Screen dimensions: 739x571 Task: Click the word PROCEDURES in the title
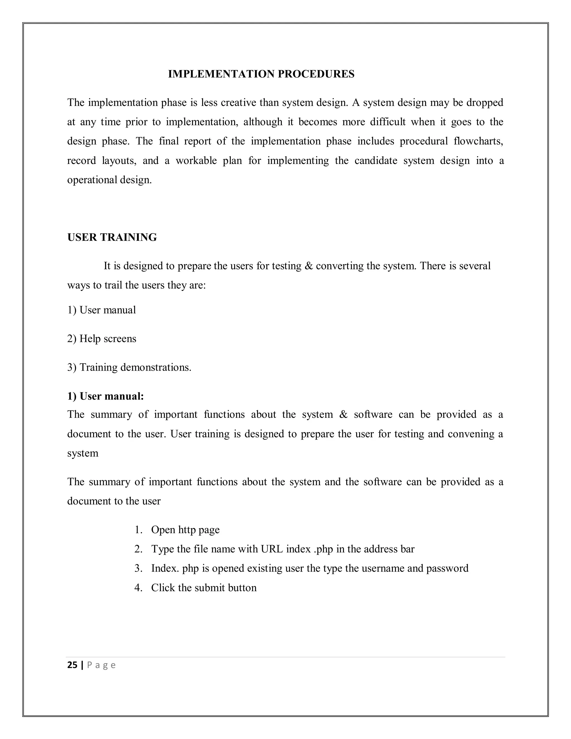point(316,74)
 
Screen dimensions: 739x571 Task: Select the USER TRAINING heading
point(112,237)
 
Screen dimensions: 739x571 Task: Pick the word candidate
point(376,160)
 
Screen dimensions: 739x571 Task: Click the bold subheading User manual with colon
point(106,396)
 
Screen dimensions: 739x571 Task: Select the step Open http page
point(185,530)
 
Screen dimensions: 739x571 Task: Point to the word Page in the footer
point(101,665)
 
